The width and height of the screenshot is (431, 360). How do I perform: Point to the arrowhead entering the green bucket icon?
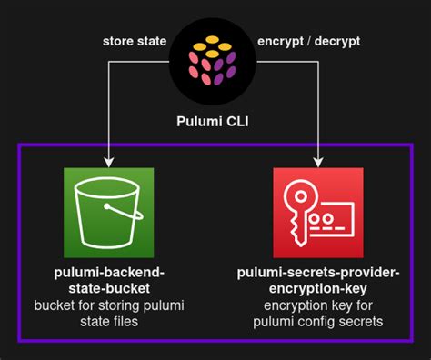(x=109, y=162)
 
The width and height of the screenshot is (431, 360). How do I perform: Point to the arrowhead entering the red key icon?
(x=318, y=162)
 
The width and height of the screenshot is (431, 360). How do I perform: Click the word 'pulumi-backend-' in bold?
(x=109, y=272)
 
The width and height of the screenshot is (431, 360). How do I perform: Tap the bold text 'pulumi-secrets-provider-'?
(x=317, y=272)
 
